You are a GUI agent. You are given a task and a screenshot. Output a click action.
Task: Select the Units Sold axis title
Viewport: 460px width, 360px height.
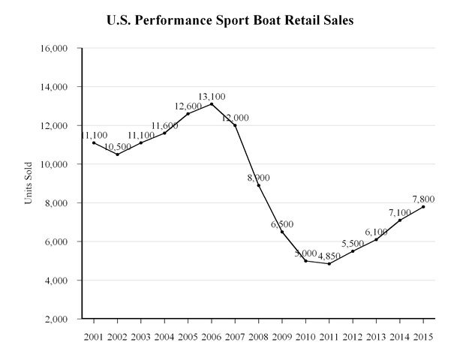tap(30, 184)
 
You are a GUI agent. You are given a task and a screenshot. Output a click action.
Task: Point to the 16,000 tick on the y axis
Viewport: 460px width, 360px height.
tap(54, 48)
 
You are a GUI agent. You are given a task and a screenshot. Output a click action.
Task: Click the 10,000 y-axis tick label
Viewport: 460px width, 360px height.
tap(54, 164)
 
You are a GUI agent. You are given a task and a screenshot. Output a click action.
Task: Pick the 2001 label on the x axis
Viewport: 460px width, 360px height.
tap(93, 334)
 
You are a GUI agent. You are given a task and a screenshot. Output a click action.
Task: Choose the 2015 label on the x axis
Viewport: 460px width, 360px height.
tap(423, 334)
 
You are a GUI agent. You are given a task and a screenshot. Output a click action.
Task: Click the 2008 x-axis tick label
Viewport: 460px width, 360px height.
tap(258, 334)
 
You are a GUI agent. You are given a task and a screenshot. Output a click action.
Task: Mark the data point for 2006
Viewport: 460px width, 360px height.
tap(212, 103)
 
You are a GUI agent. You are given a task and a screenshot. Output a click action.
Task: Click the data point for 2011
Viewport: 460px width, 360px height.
tap(329, 263)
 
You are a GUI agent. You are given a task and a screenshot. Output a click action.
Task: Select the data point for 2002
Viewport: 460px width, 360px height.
tap(117, 154)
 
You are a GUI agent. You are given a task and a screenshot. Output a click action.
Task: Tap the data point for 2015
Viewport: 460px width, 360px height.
tap(423, 206)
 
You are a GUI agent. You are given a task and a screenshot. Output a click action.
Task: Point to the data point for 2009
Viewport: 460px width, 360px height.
tap(282, 232)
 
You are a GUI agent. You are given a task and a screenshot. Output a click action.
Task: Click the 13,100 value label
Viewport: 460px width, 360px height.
tap(212, 97)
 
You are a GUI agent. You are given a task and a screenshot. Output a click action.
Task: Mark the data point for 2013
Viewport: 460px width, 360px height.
tap(377, 239)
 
